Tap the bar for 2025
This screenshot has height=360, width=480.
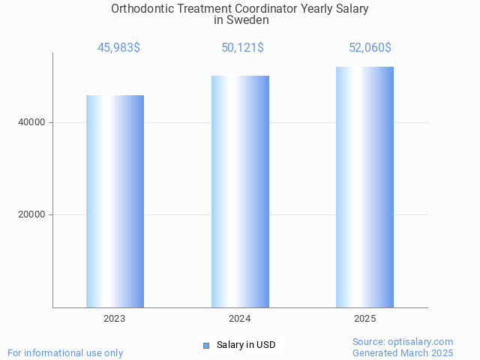[364, 187]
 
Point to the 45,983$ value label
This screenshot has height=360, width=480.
[118, 48]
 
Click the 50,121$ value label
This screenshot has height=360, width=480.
[242, 48]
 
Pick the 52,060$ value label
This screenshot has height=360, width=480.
[370, 48]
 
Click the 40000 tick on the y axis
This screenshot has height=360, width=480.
[31, 122]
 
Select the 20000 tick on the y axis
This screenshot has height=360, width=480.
[31, 214]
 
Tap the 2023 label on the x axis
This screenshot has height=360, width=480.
[115, 319]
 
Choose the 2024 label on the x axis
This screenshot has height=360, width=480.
[240, 319]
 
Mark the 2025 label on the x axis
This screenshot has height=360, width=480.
[364, 319]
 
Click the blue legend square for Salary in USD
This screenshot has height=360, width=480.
[206, 345]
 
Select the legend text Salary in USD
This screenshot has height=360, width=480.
[246, 345]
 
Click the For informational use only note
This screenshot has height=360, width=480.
[65, 352]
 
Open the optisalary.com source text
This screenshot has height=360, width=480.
[403, 341]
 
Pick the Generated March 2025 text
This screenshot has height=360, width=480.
[403, 352]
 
